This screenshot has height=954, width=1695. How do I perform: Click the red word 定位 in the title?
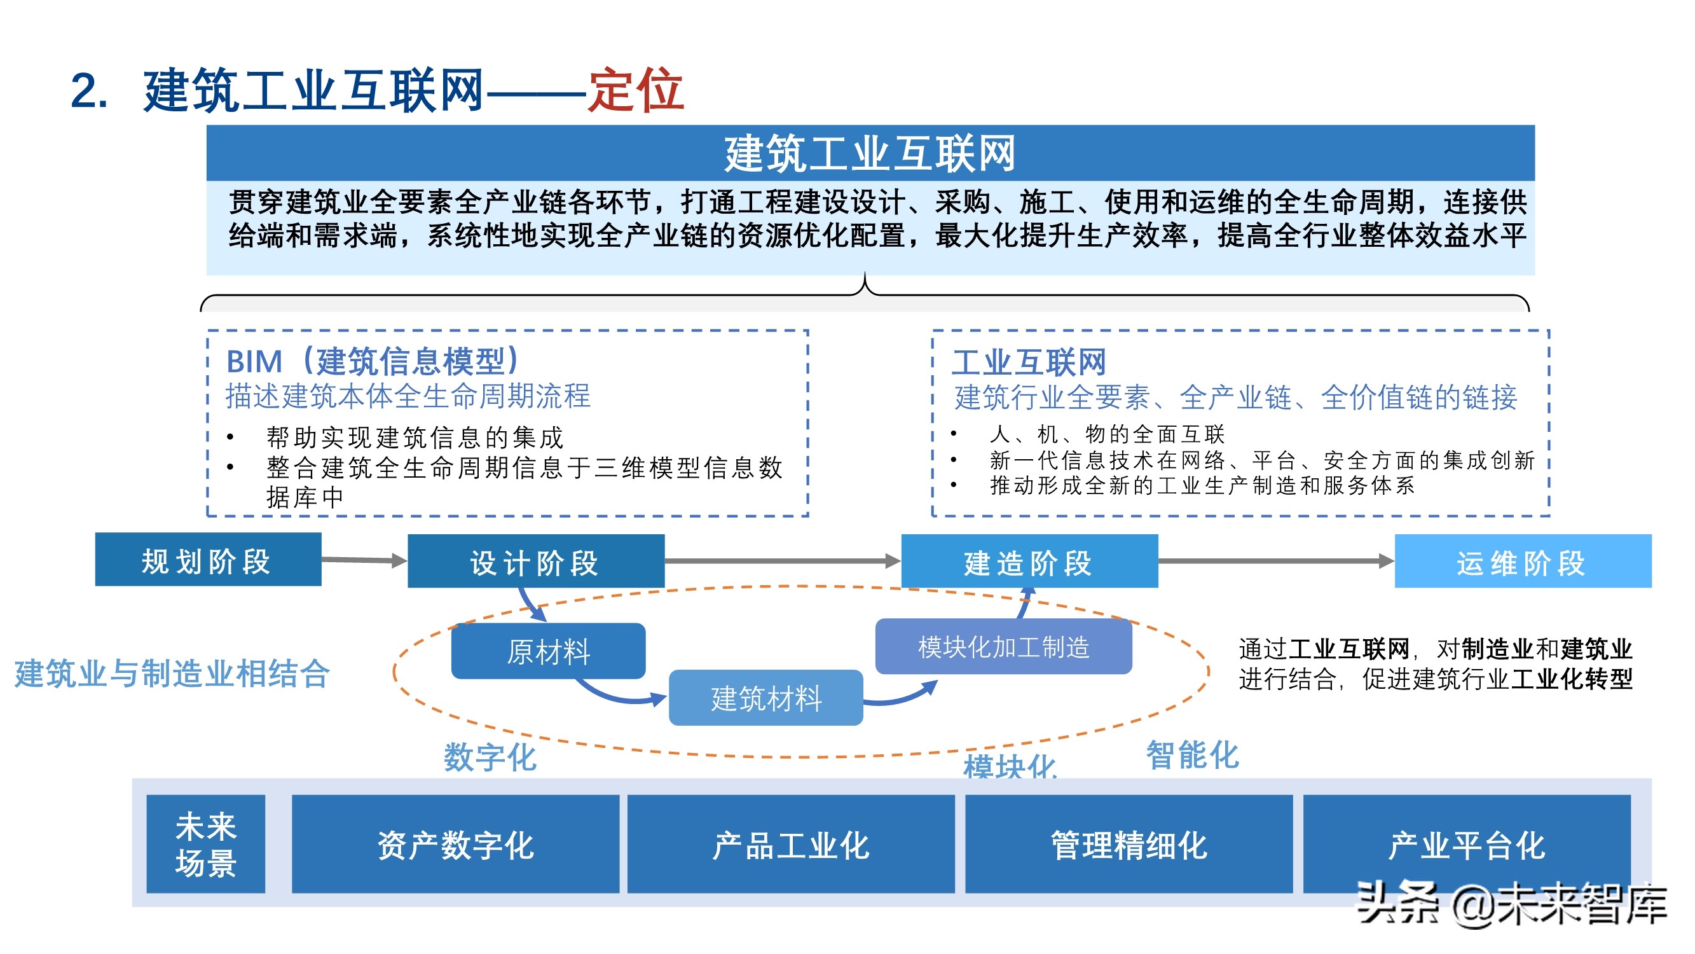(x=636, y=90)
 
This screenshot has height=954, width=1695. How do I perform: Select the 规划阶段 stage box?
(x=208, y=560)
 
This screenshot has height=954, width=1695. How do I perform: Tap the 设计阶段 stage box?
(x=535, y=562)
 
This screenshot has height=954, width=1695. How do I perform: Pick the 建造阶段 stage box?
(x=1029, y=562)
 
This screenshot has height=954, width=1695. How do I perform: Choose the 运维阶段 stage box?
(x=1522, y=562)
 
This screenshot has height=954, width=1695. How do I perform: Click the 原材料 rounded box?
(x=548, y=651)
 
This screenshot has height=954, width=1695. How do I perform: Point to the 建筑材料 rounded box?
(x=766, y=698)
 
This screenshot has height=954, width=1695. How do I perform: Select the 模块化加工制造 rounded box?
(x=1003, y=647)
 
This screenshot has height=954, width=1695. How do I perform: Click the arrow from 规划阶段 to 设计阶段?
(x=364, y=560)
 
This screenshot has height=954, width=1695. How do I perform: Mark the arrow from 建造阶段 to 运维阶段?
(x=1275, y=561)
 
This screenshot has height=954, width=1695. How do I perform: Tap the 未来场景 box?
(x=205, y=844)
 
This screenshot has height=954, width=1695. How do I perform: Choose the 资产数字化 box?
(x=455, y=845)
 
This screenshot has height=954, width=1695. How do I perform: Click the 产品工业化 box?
(x=791, y=845)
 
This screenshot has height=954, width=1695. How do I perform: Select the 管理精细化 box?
(x=1129, y=845)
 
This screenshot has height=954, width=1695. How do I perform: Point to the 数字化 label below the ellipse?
(x=490, y=756)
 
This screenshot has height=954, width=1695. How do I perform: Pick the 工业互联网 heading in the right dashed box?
(x=1029, y=362)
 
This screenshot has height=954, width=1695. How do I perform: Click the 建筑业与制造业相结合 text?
(x=172, y=674)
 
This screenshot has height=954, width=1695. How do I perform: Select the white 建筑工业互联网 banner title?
(x=870, y=153)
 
